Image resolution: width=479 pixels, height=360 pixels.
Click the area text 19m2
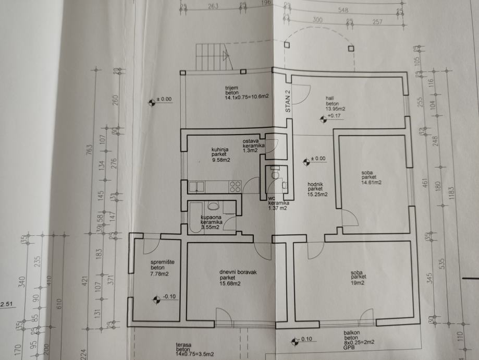[358, 282]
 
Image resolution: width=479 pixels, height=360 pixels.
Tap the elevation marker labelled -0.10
[155, 299]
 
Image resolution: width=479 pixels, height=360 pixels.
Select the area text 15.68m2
[230, 284]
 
